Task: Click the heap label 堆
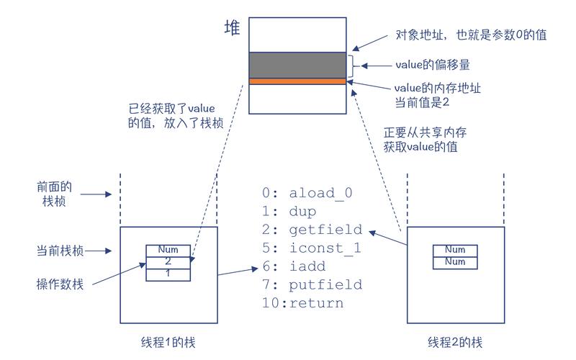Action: pos(233,30)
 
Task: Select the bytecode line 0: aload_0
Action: pos(307,193)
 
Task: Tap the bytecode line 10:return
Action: pos(302,303)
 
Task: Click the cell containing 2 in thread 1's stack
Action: pos(168,262)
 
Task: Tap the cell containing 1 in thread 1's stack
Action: pos(168,274)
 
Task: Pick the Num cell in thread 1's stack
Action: pos(168,250)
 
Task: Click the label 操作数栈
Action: pos(60,284)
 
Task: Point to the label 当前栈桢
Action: pos(60,251)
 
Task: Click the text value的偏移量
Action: pos(433,65)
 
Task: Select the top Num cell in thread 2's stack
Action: pos(455,250)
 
